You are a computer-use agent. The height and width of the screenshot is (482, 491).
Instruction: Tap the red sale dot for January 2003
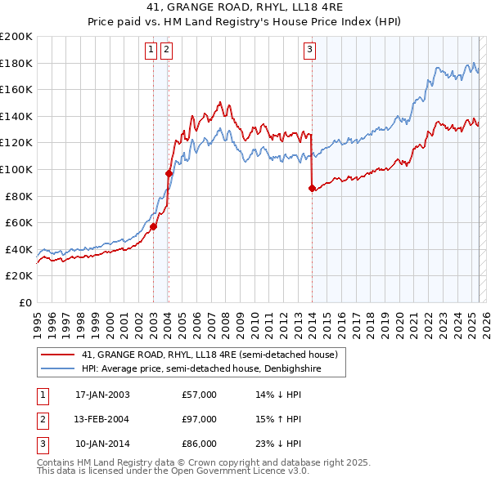coord(153,226)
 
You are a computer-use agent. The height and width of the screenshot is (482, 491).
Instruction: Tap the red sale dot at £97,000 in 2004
coord(169,173)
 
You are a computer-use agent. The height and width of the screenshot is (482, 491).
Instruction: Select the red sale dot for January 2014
coord(312,188)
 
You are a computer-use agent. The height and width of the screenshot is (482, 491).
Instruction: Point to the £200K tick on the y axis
coord(16,37)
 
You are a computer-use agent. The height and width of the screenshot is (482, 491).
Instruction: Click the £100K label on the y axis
coord(16,169)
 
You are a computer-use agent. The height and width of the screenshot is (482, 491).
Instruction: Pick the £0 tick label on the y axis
coord(25,302)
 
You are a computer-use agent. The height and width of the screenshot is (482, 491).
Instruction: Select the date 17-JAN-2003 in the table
coord(102,395)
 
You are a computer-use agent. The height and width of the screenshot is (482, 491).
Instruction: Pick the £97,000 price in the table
coord(200,419)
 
